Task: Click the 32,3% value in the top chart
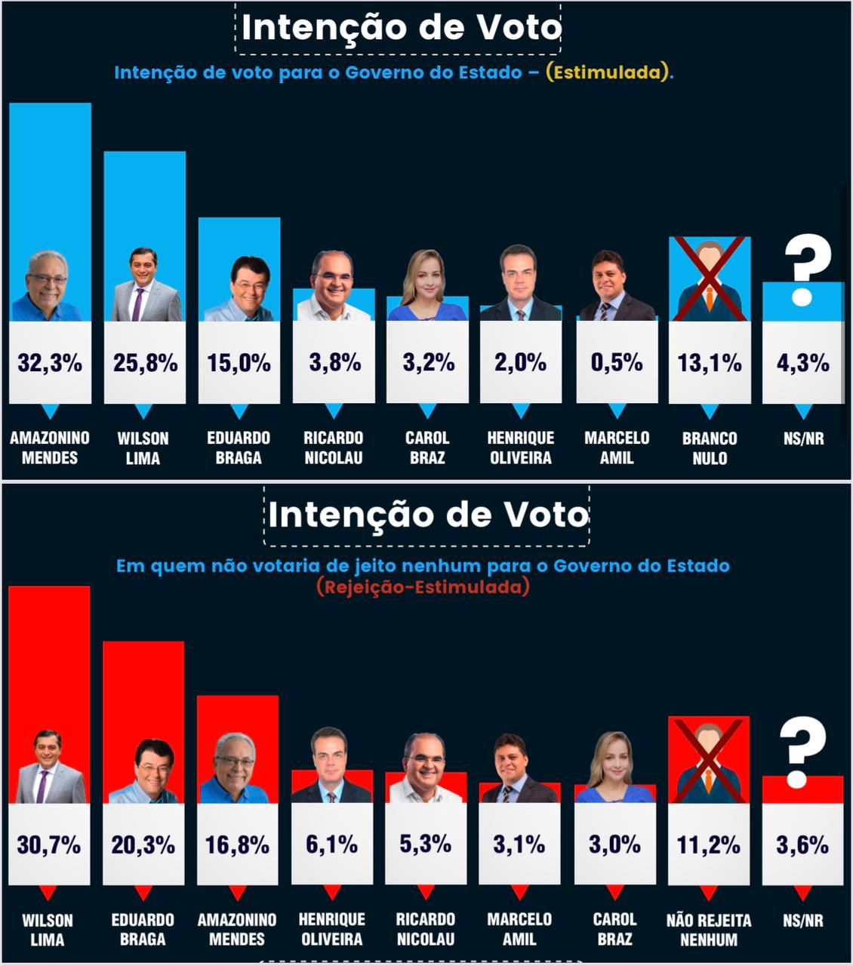50,363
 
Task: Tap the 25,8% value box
145,363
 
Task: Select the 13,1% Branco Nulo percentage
710,363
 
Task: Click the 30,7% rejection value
49,844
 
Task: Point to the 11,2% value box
708,844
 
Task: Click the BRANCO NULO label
710,448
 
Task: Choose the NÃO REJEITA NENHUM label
708,930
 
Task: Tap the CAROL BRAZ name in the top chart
427,448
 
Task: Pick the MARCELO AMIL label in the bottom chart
519,929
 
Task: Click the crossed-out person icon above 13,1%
710,278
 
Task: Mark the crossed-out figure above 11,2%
708,760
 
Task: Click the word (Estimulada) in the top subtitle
608,73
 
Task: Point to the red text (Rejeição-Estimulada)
423,586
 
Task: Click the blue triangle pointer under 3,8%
334,411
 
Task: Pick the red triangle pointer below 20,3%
143,893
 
